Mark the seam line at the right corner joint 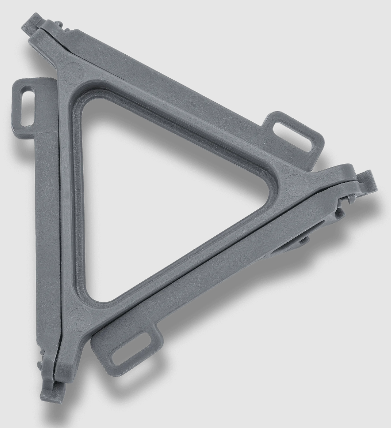point(338,183)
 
